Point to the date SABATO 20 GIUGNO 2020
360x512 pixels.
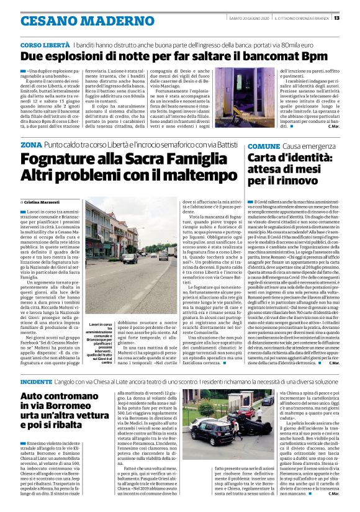click(248, 17)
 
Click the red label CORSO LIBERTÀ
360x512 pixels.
click(45, 46)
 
